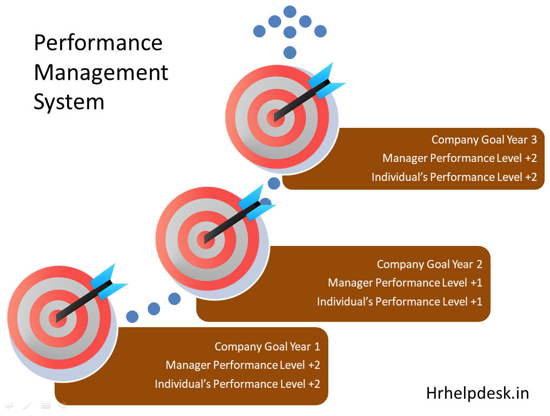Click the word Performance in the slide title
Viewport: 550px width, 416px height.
(98, 43)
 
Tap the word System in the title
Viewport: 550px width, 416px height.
(69, 101)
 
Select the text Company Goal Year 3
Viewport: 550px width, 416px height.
(484, 140)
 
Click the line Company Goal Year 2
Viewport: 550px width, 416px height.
(429, 264)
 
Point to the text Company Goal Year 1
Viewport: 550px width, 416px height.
(267, 347)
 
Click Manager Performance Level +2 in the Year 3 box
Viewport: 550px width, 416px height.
(460, 158)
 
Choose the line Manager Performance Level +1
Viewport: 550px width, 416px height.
(405, 283)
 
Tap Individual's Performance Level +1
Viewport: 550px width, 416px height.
(400, 302)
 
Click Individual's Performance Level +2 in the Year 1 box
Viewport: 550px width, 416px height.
(237, 384)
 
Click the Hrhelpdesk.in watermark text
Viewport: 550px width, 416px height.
(477, 393)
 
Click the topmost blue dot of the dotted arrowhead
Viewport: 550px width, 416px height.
(290, 11)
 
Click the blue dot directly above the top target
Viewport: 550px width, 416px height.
(290, 53)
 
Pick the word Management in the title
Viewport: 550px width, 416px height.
(101, 72)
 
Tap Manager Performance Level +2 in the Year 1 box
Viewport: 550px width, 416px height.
(243, 365)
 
